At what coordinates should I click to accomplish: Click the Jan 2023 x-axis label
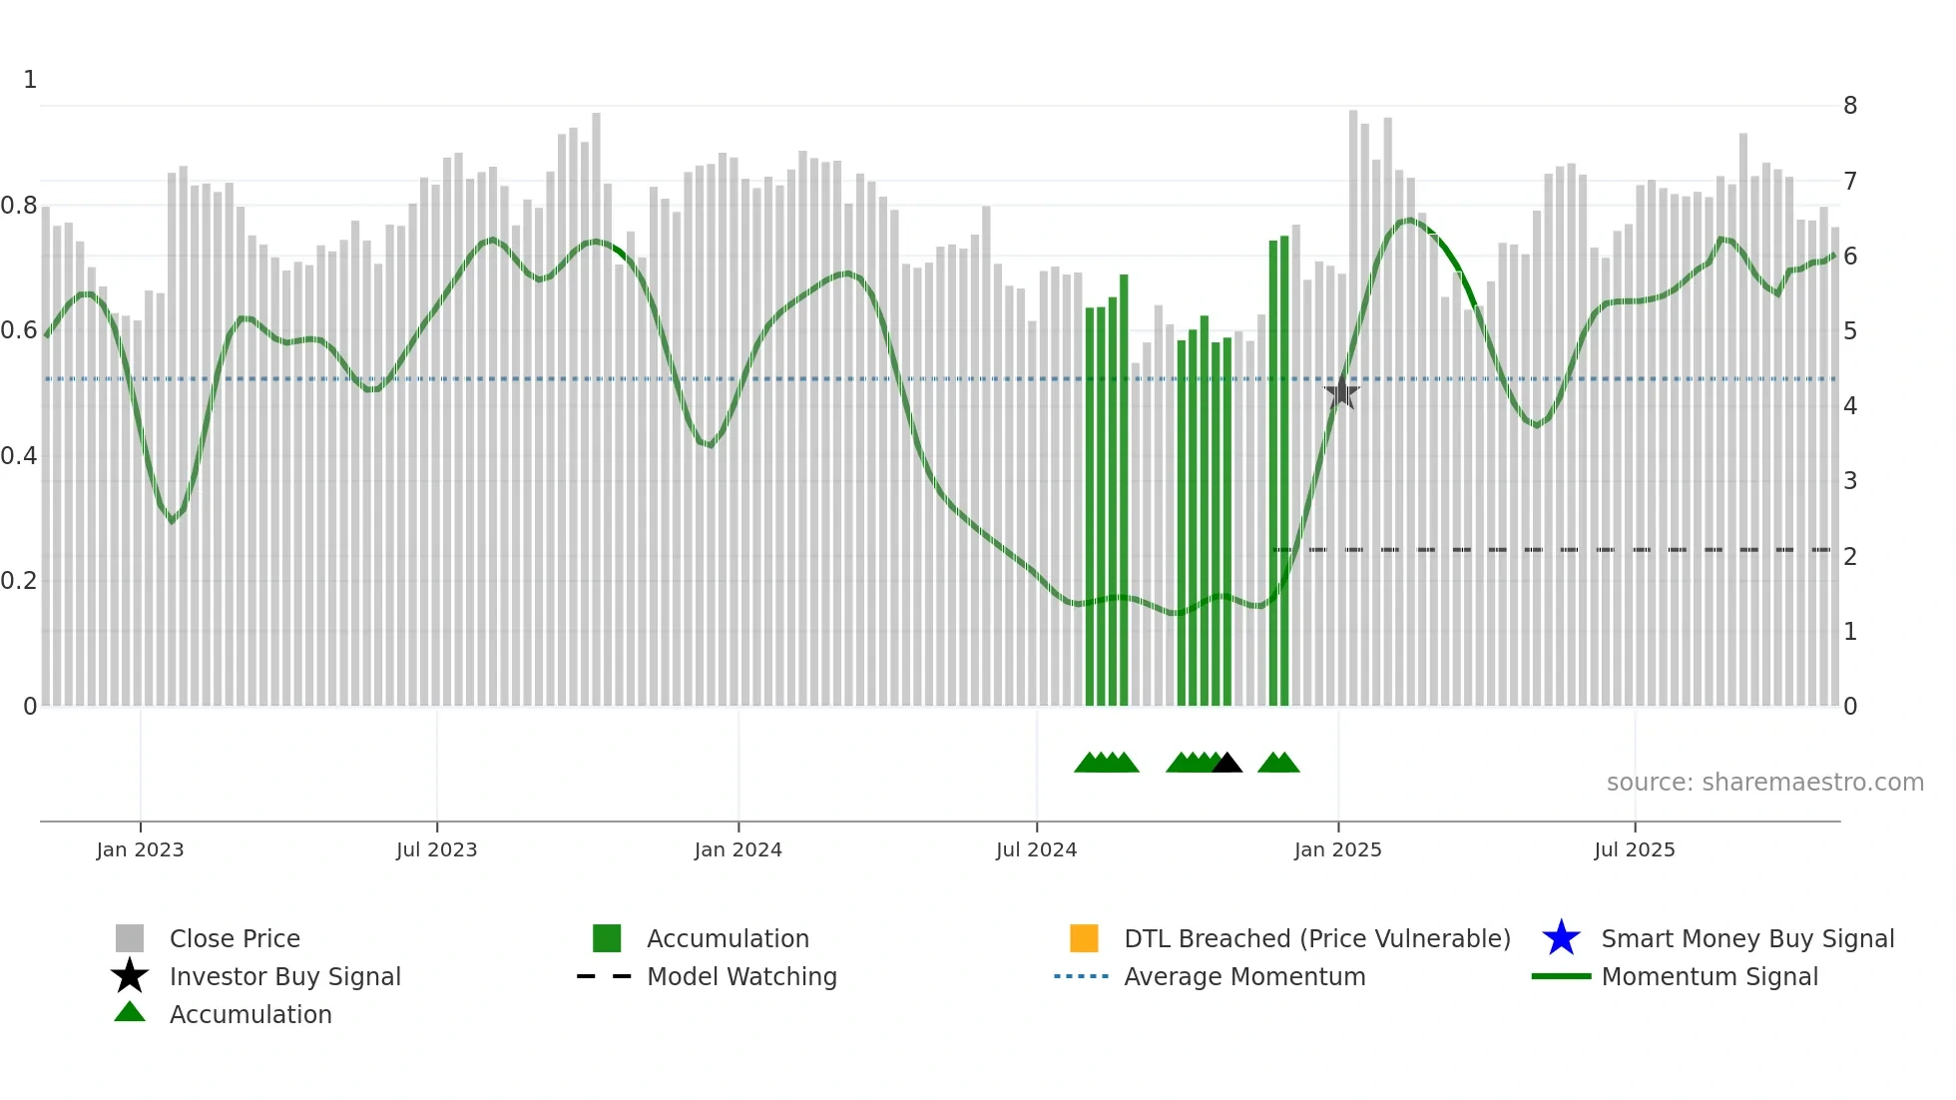140,849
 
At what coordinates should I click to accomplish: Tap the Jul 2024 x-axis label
1036,849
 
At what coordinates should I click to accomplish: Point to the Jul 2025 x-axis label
1634,849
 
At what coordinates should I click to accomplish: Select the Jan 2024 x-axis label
737,849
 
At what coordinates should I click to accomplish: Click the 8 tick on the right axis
1849,106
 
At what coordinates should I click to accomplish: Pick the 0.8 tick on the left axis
19,206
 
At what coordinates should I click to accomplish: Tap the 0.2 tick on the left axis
19,581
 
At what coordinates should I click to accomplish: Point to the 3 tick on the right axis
1849,481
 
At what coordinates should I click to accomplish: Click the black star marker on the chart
1341,393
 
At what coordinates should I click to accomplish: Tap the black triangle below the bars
1226,764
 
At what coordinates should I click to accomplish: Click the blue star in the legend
1561,938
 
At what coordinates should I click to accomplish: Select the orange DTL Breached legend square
1084,938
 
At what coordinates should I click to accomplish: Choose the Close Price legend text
235,938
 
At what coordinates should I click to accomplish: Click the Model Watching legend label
741,976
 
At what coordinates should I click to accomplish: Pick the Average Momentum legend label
1244,976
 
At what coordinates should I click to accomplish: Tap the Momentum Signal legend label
1710,976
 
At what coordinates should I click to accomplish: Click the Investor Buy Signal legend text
285,976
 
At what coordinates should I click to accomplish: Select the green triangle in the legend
130,1012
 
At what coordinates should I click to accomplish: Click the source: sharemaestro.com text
1764,782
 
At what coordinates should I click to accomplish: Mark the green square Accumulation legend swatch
607,938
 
